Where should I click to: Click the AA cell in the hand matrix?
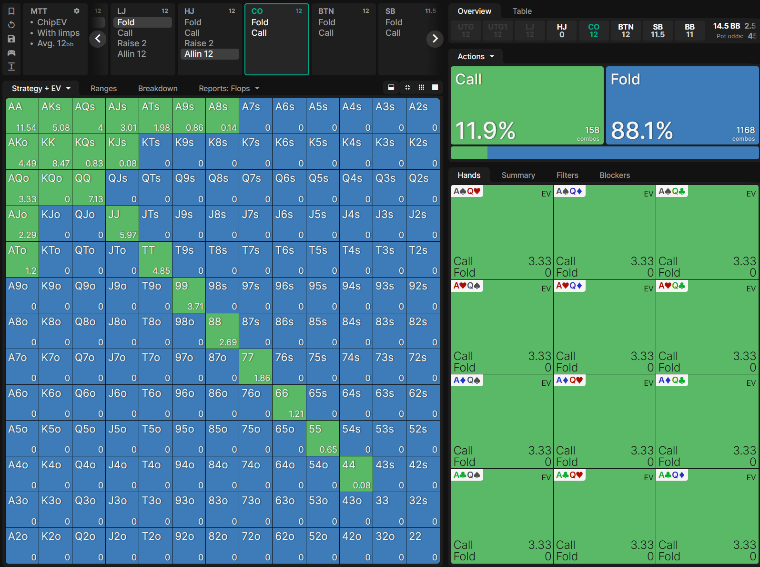point(22,116)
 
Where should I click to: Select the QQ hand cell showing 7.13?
point(89,188)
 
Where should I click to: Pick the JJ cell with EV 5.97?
point(122,224)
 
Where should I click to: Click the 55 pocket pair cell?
point(322,438)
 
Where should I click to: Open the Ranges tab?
point(103,88)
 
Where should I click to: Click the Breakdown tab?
point(158,88)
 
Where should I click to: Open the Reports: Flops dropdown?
point(229,88)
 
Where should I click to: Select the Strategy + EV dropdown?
point(41,88)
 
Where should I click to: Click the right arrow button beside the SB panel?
point(435,39)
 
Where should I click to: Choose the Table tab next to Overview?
point(522,11)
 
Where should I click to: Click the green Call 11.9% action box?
point(527,105)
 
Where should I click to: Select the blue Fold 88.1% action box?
point(682,105)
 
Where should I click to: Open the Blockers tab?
point(614,175)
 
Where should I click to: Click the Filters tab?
point(567,175)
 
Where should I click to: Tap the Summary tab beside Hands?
point(518,175)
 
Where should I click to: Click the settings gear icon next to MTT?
point(76,11)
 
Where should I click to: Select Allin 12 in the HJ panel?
point(209,54)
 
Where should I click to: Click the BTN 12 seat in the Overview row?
point(626,31)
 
